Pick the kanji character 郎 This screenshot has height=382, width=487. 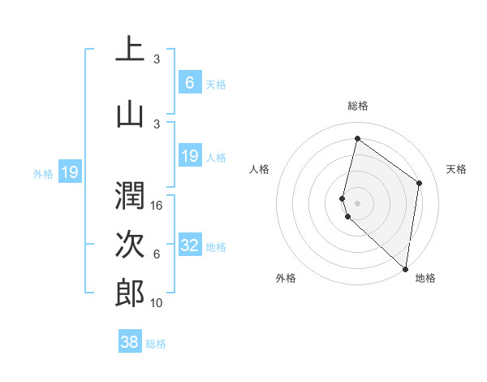130,293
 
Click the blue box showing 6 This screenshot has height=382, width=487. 190,83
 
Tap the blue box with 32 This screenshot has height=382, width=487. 190,246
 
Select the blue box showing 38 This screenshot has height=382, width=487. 130,343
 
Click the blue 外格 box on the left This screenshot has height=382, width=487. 70,172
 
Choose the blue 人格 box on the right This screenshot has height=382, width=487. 190,156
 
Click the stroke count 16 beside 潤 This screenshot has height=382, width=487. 157,206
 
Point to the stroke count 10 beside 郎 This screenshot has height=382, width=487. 157,303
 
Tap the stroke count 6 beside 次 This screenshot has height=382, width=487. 157,254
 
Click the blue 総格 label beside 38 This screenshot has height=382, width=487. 156,344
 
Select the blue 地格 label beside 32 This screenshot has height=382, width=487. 216,247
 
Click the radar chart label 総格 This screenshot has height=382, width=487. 358,106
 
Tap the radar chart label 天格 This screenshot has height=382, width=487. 457,169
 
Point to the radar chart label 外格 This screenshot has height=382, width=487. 286,278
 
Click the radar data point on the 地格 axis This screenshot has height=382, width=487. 406,269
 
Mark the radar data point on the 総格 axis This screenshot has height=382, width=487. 357,139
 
